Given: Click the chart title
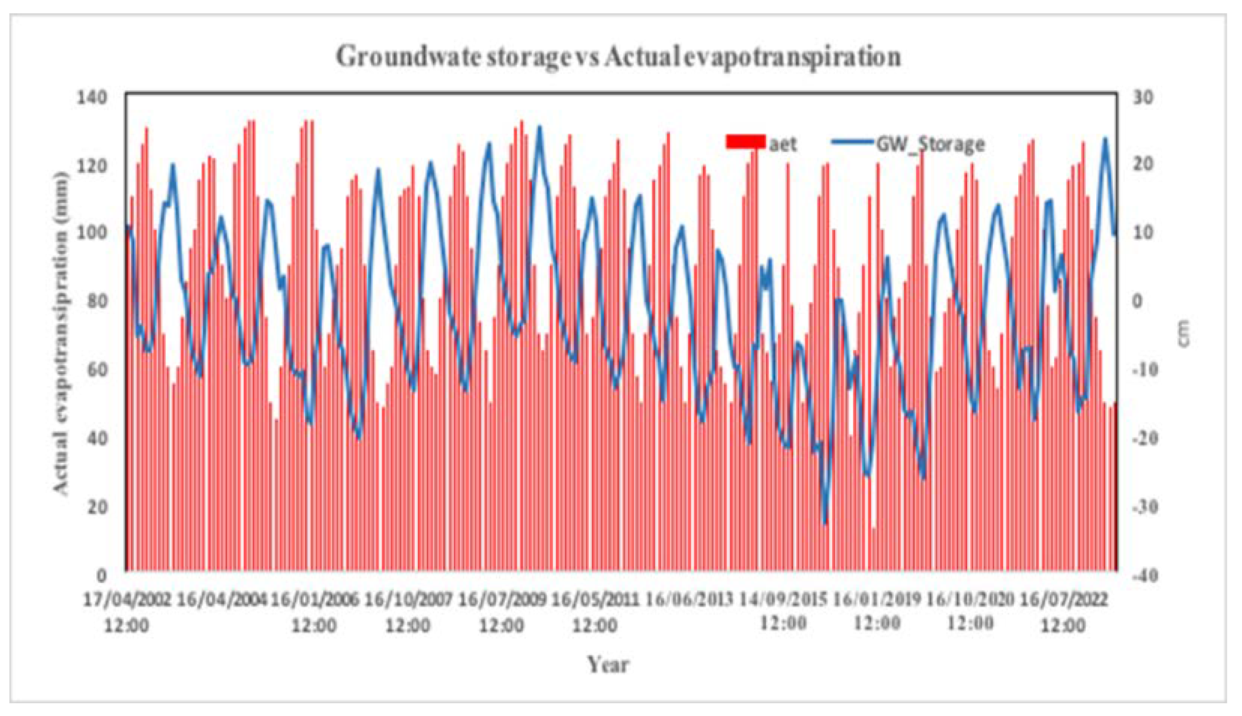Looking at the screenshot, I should pos(618,57).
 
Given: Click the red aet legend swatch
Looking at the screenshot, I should pos(745,142).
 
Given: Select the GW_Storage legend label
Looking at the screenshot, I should pos(930,144).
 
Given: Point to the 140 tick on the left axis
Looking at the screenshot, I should pos(91,98).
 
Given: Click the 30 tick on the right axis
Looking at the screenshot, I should pos(1142,98).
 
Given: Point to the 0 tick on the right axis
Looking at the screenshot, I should pos(1137,301).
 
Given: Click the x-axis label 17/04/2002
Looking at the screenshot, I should pos(127,600).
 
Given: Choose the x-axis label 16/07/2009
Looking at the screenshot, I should pos(502,600).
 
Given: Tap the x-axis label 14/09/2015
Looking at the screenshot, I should pos(783,600).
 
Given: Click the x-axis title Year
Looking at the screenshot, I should pos(608,664).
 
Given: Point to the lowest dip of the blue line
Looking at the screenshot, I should pos(824,522).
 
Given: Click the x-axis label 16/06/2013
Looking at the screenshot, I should pos(689,600).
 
